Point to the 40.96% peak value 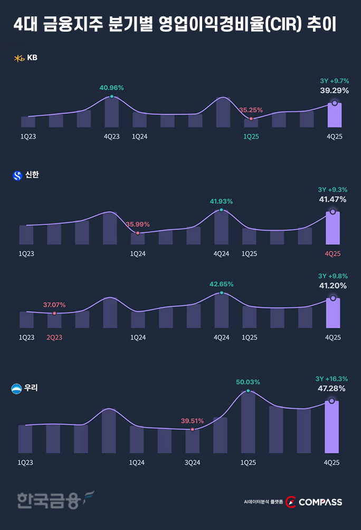click(x=111, y=87)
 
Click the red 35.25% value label click(x=251, y=110)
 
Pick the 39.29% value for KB click(x=334, y=90)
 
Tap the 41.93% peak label click(x=221, y=201)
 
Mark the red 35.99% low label click(x=138, y=224)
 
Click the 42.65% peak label click(x=222, y=284)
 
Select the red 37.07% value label click(x=54, y=305)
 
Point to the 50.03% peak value click(x=248, y=382)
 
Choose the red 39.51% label click(x=192, y=421)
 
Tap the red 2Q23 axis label click(x=54, y=337)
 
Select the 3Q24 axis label click(x=192, y=462)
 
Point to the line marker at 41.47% click(x=332, y=212)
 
